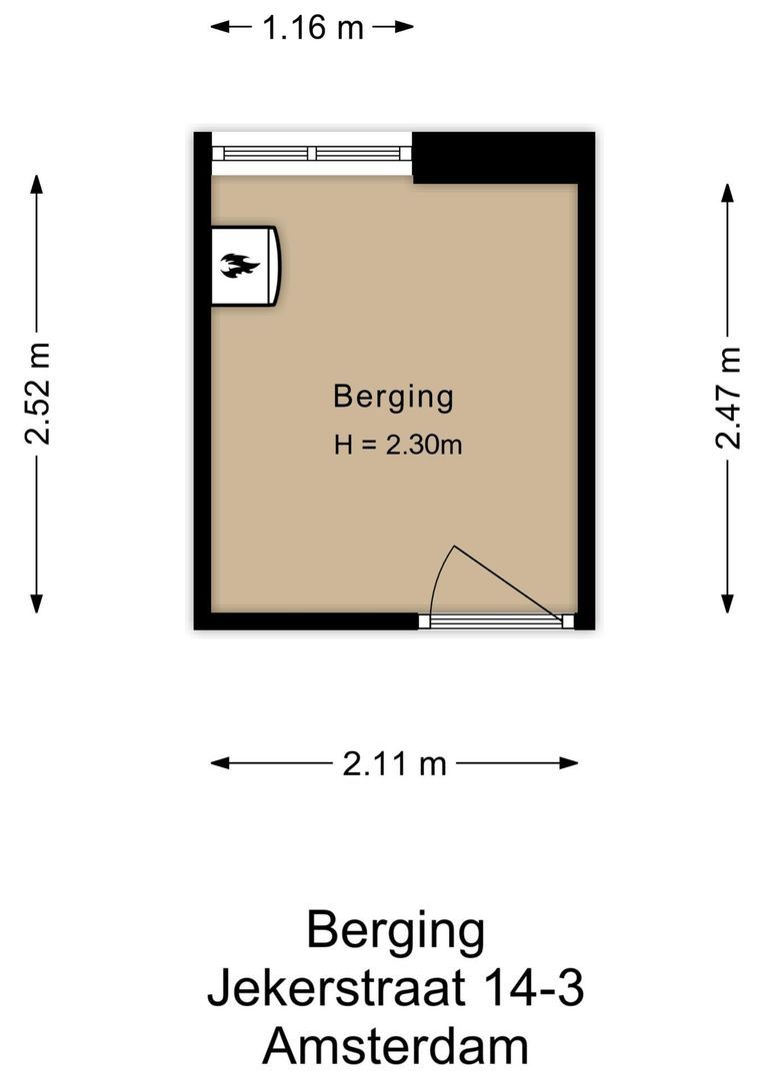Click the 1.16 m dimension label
[x=312, y=28]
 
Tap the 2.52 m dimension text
[x=38, y=394]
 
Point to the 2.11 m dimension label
[x=394, y=764]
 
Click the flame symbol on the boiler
[x=239, y=266]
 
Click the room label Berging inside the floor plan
[x=393, y=397]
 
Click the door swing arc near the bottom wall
[x=436, y=579]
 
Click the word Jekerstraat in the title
[x=335, y=990]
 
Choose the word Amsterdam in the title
[x=395, y=1047]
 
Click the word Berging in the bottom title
[x=395, y=931]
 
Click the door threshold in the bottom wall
[x=496, y=621]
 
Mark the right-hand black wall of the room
[x=586, y=400]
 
